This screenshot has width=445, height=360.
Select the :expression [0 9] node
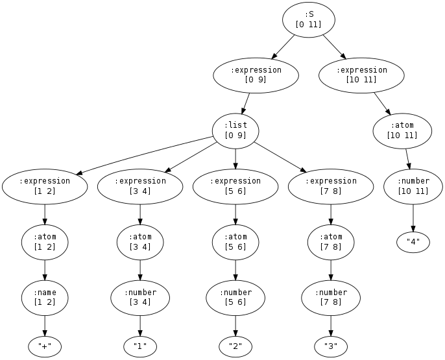[x=256, y=75]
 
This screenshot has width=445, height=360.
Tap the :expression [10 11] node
[x=361, y=75]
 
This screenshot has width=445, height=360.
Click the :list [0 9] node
[x=235, y=130]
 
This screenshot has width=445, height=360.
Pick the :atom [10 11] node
[x=402, y=130]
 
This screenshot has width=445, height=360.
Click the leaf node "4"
[x=413, y=242]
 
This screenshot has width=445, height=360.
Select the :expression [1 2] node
[x=44, y=186]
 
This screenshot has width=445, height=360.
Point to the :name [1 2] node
[x=44, y=298]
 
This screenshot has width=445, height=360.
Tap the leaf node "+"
[x=44, y=346]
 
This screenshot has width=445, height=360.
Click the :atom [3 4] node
[x=140, y=242]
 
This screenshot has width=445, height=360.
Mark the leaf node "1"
[x=140, y=346]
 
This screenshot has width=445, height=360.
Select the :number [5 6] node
[x=235, y=298]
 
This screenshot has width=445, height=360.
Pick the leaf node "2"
[x=235, y=346]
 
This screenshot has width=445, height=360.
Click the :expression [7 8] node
[x=331, y=186]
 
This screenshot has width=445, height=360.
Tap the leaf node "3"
[x=331, y=346]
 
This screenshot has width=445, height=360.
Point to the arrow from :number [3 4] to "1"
[x=140, y=324]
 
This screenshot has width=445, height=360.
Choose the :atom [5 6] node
[x=235, y=242]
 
